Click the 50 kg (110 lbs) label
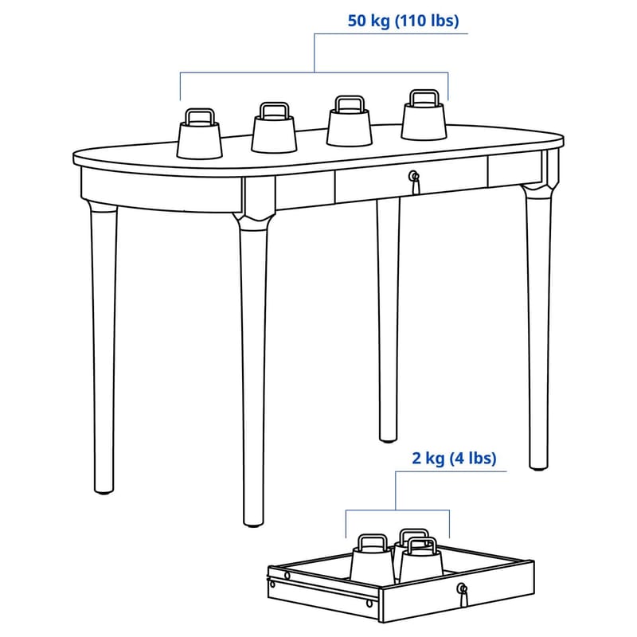[403, 21]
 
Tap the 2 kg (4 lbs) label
[454, 459]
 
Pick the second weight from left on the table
[274, 128]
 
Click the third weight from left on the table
[350, 121]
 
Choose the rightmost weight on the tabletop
[424, 115]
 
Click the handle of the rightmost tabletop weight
[424, 98]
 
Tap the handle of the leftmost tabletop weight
[200, 116]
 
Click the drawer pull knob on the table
[413, 176]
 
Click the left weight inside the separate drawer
[373, 559]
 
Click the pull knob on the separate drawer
[462, 588]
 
